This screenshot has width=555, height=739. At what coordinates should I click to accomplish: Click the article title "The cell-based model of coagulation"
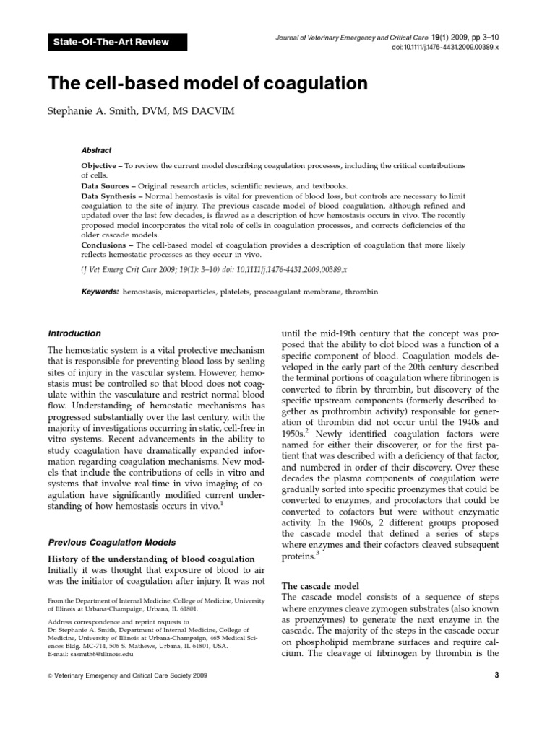click(207, 84)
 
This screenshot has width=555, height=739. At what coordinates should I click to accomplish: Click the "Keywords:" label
click(100, 292)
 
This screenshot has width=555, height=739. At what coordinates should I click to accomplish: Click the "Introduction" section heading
click(74, 333)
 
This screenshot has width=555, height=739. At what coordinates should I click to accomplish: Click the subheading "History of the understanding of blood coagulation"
click(150, 559)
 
